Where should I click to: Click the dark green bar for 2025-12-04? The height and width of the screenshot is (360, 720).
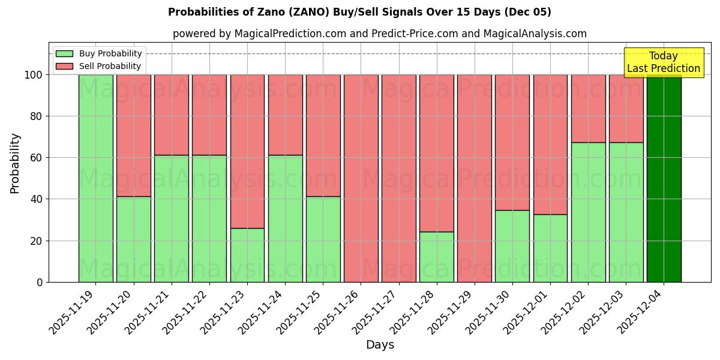click(664, 178)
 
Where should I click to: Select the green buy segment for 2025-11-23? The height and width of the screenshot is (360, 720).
click(247, 255)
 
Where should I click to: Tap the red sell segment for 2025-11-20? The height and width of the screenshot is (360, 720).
click(134, 136)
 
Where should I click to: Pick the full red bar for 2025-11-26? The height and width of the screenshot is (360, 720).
click(361, 178)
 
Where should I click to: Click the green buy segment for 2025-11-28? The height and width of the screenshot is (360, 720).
click(437, 257)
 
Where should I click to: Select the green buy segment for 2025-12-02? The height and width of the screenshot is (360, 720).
click(588, 212)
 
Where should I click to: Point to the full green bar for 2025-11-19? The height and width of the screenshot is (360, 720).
click(96, 178)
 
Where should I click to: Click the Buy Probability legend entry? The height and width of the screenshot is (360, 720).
click(99, 53)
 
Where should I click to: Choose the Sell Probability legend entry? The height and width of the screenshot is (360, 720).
click(99, 66)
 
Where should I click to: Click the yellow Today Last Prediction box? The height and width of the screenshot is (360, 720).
click(664, 62)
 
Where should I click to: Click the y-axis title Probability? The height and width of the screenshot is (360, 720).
click(15, 163)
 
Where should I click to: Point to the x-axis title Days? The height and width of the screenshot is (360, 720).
click(380, 345)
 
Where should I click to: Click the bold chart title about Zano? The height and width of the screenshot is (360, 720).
click(359, 12)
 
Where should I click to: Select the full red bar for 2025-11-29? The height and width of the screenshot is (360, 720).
click(475, 178)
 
